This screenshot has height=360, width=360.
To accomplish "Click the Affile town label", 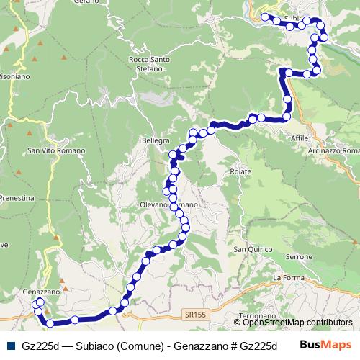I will pyautogui.click(x=299, y=138).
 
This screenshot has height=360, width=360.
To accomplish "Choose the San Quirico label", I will pyautogui.click(x=250, y=250).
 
